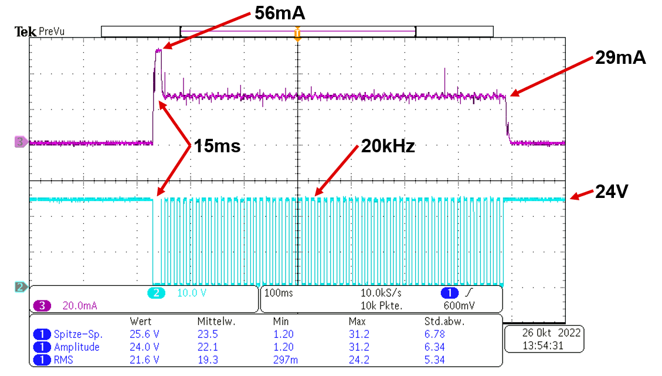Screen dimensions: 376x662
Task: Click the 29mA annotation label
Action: tap(620, 57)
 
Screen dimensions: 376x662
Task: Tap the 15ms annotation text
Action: tap(218, 146)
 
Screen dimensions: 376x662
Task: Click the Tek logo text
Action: tap(26, 32)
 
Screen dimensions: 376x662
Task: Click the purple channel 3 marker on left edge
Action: tap(21, 141)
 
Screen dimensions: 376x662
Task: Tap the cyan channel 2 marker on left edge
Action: tap(21, 287)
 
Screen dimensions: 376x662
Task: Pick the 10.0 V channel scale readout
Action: tap(192, 292)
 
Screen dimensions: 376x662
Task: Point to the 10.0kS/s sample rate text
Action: tap(382, 292)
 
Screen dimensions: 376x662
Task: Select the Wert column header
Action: tap(141, 322)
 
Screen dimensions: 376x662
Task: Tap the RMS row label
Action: tap(64, 360)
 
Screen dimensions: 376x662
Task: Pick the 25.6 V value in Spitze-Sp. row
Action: tap(144, 334)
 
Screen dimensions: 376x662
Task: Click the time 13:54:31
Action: tap(544, 346)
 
